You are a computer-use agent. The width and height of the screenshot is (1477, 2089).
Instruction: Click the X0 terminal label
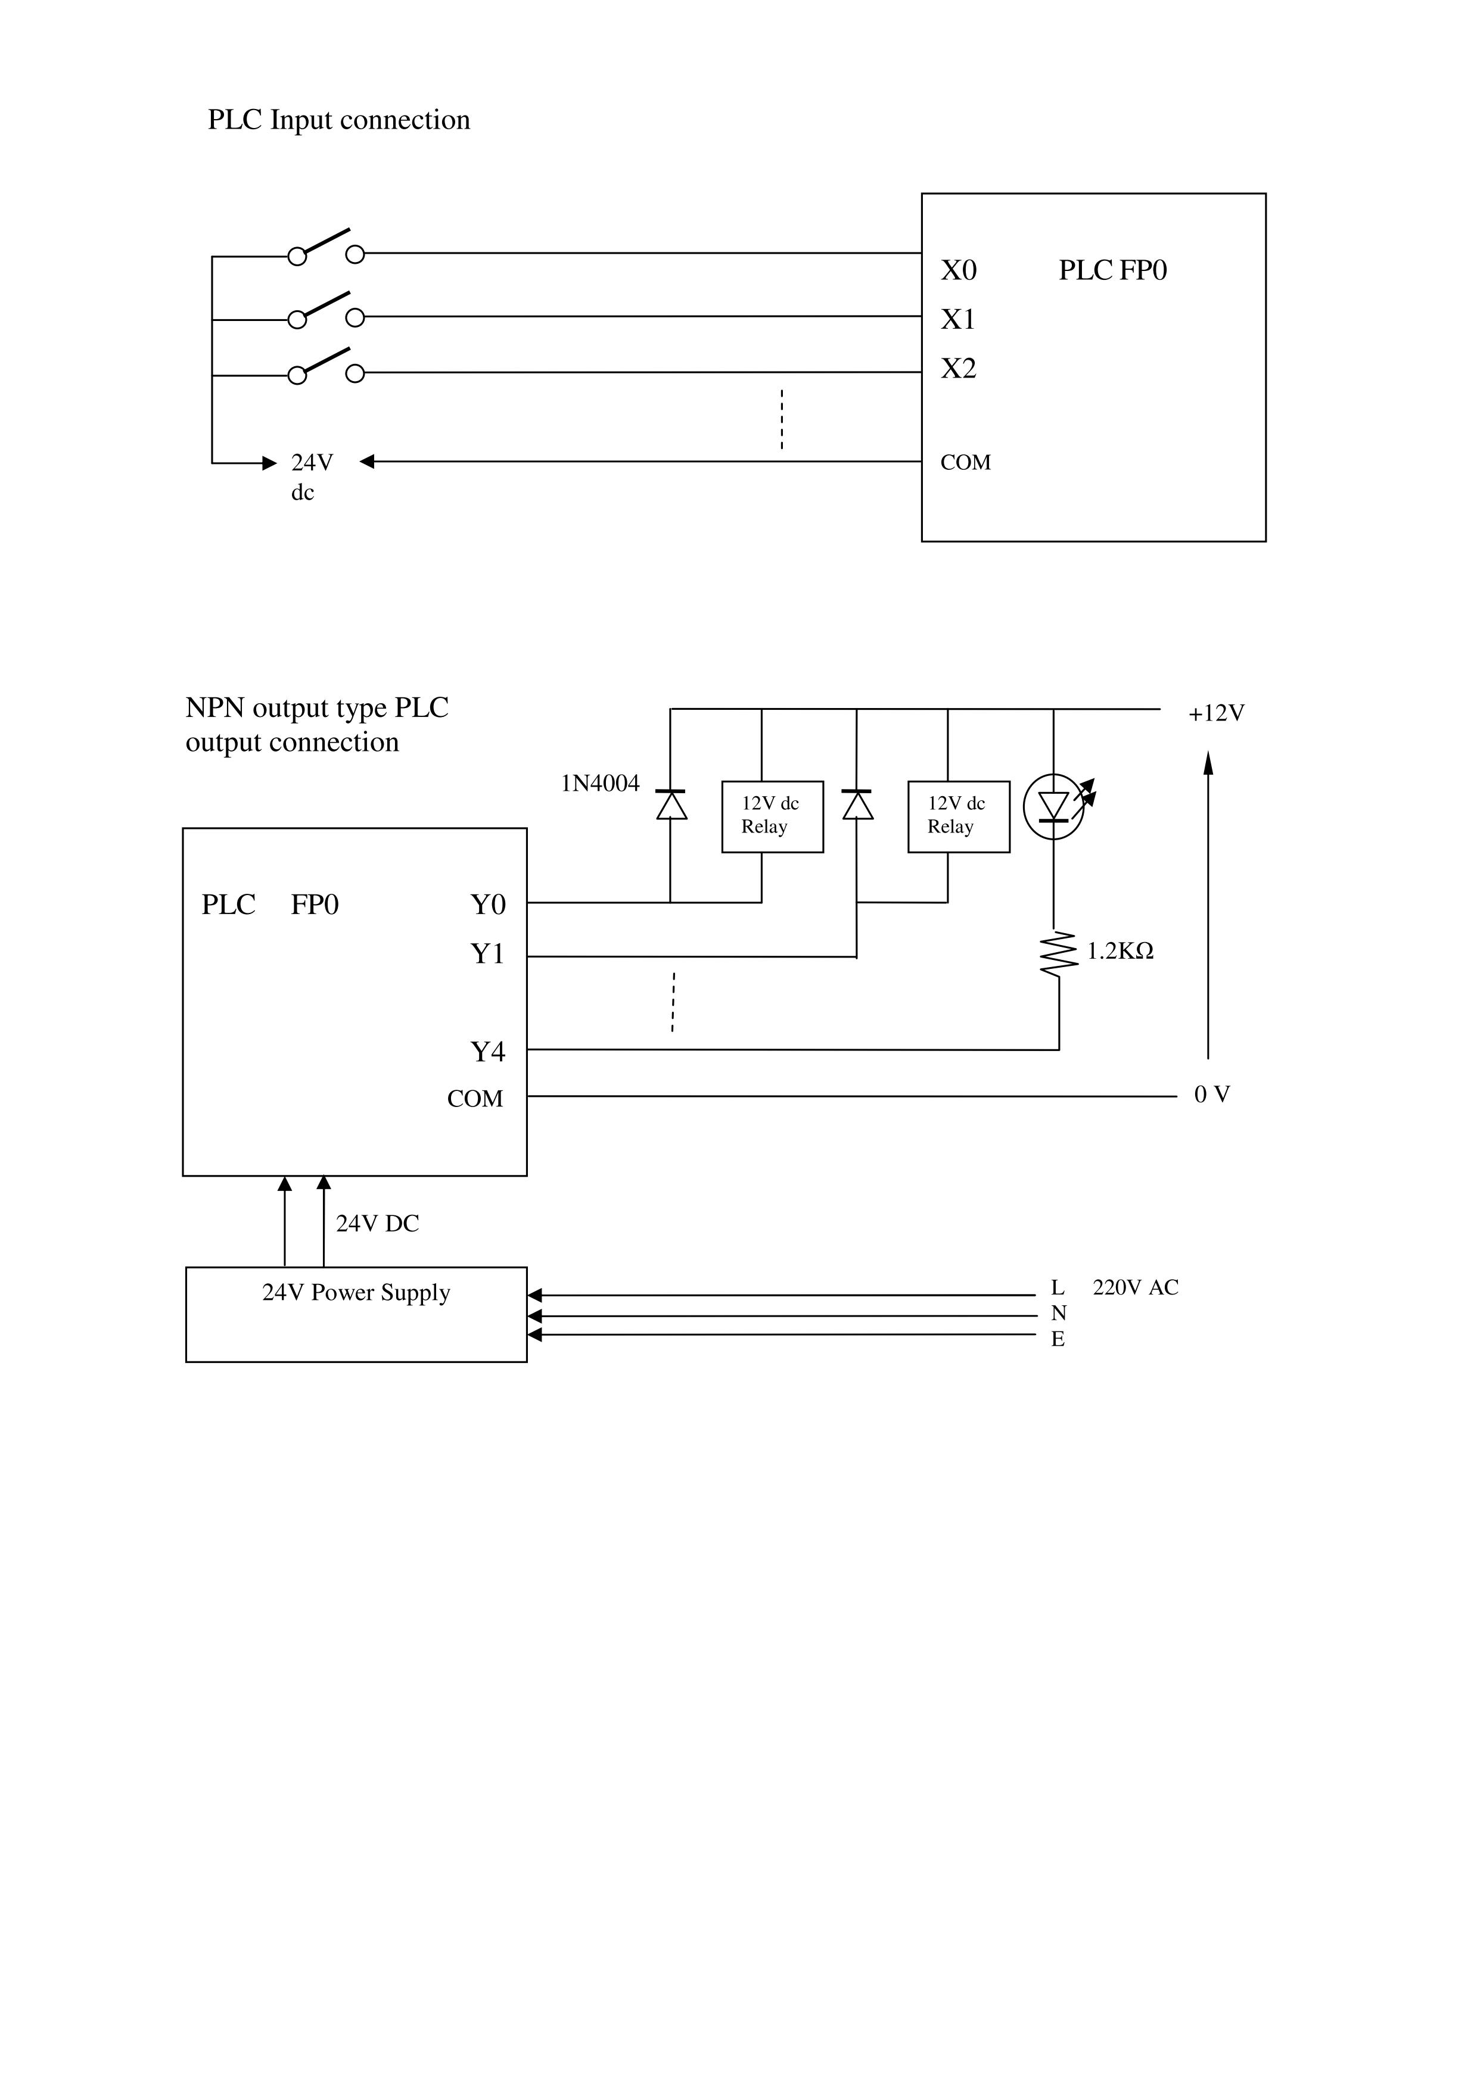pyautogui.click(x=958, y=270)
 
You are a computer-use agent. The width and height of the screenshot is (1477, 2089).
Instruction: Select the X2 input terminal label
pyautogui.click(x=958, y=369)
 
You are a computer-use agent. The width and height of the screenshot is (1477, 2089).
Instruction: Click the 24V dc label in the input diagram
pyautogui.click(x=311, y=476)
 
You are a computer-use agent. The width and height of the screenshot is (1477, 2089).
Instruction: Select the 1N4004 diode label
pyautogui.click(x=600, y=784)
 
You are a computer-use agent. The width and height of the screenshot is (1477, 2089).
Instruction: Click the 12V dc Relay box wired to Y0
pyautogui.click(x=772, y=816)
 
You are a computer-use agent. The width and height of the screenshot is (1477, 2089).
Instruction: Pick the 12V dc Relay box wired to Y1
pyautogui.click(x=958, y=816)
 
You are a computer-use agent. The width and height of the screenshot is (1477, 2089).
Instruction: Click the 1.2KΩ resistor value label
pyautogui.click(x=1120, y=952)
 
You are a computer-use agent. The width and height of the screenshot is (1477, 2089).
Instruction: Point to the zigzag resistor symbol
pyautogui.click(x=1056, y=953)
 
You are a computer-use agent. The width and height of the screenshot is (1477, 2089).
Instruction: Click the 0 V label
pyautogui.click(x=1211, y=1095)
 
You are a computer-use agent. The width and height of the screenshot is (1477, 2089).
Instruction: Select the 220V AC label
pyautogui.click(x=1135, y=1287)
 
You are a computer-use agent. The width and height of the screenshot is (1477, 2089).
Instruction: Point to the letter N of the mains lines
pyautogui.click(x=1058, y=1313)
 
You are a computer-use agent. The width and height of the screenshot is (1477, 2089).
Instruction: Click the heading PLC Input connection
pyautogui.click(x=338, y=120)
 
